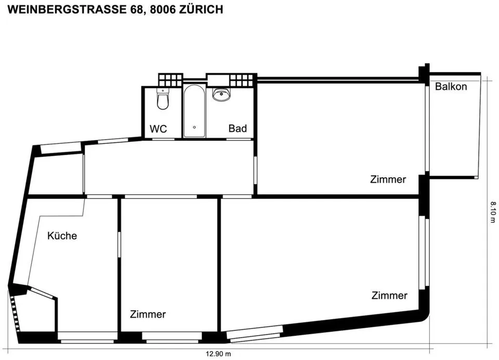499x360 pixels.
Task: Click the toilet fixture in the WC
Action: point(163,99)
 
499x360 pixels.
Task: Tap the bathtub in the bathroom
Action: point(194,111)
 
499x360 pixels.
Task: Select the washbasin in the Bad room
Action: point(221,95)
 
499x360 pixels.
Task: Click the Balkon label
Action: point(451,87)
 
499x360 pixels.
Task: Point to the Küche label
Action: point(62,236)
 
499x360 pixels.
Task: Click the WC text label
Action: point(158,129)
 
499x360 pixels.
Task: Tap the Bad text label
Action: point(238,128)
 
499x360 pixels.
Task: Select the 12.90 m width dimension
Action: point(218,354)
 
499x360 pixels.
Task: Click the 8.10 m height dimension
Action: point(493,212)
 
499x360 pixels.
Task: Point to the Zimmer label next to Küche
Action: point(148,314)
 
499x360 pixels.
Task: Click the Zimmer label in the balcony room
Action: point(388,179)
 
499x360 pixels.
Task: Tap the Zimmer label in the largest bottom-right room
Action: point(389,296)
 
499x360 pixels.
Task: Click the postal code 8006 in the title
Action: point(163,9)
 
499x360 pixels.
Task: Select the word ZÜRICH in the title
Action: point(201,9)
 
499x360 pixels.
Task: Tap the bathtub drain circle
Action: point(194,127)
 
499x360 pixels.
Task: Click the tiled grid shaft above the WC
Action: point(170,80)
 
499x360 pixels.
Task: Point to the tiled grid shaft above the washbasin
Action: point(242,80)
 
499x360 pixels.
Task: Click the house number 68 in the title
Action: point(136,9)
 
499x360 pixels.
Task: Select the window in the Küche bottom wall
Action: point(87,337)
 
